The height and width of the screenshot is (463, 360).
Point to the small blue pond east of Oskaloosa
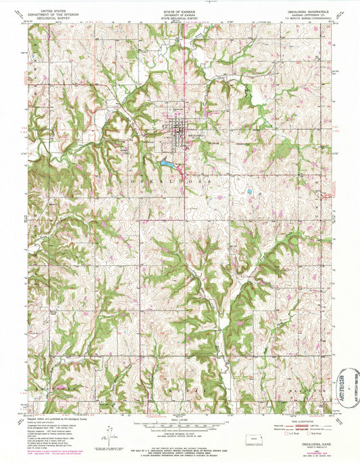click(x=250, y=192)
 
